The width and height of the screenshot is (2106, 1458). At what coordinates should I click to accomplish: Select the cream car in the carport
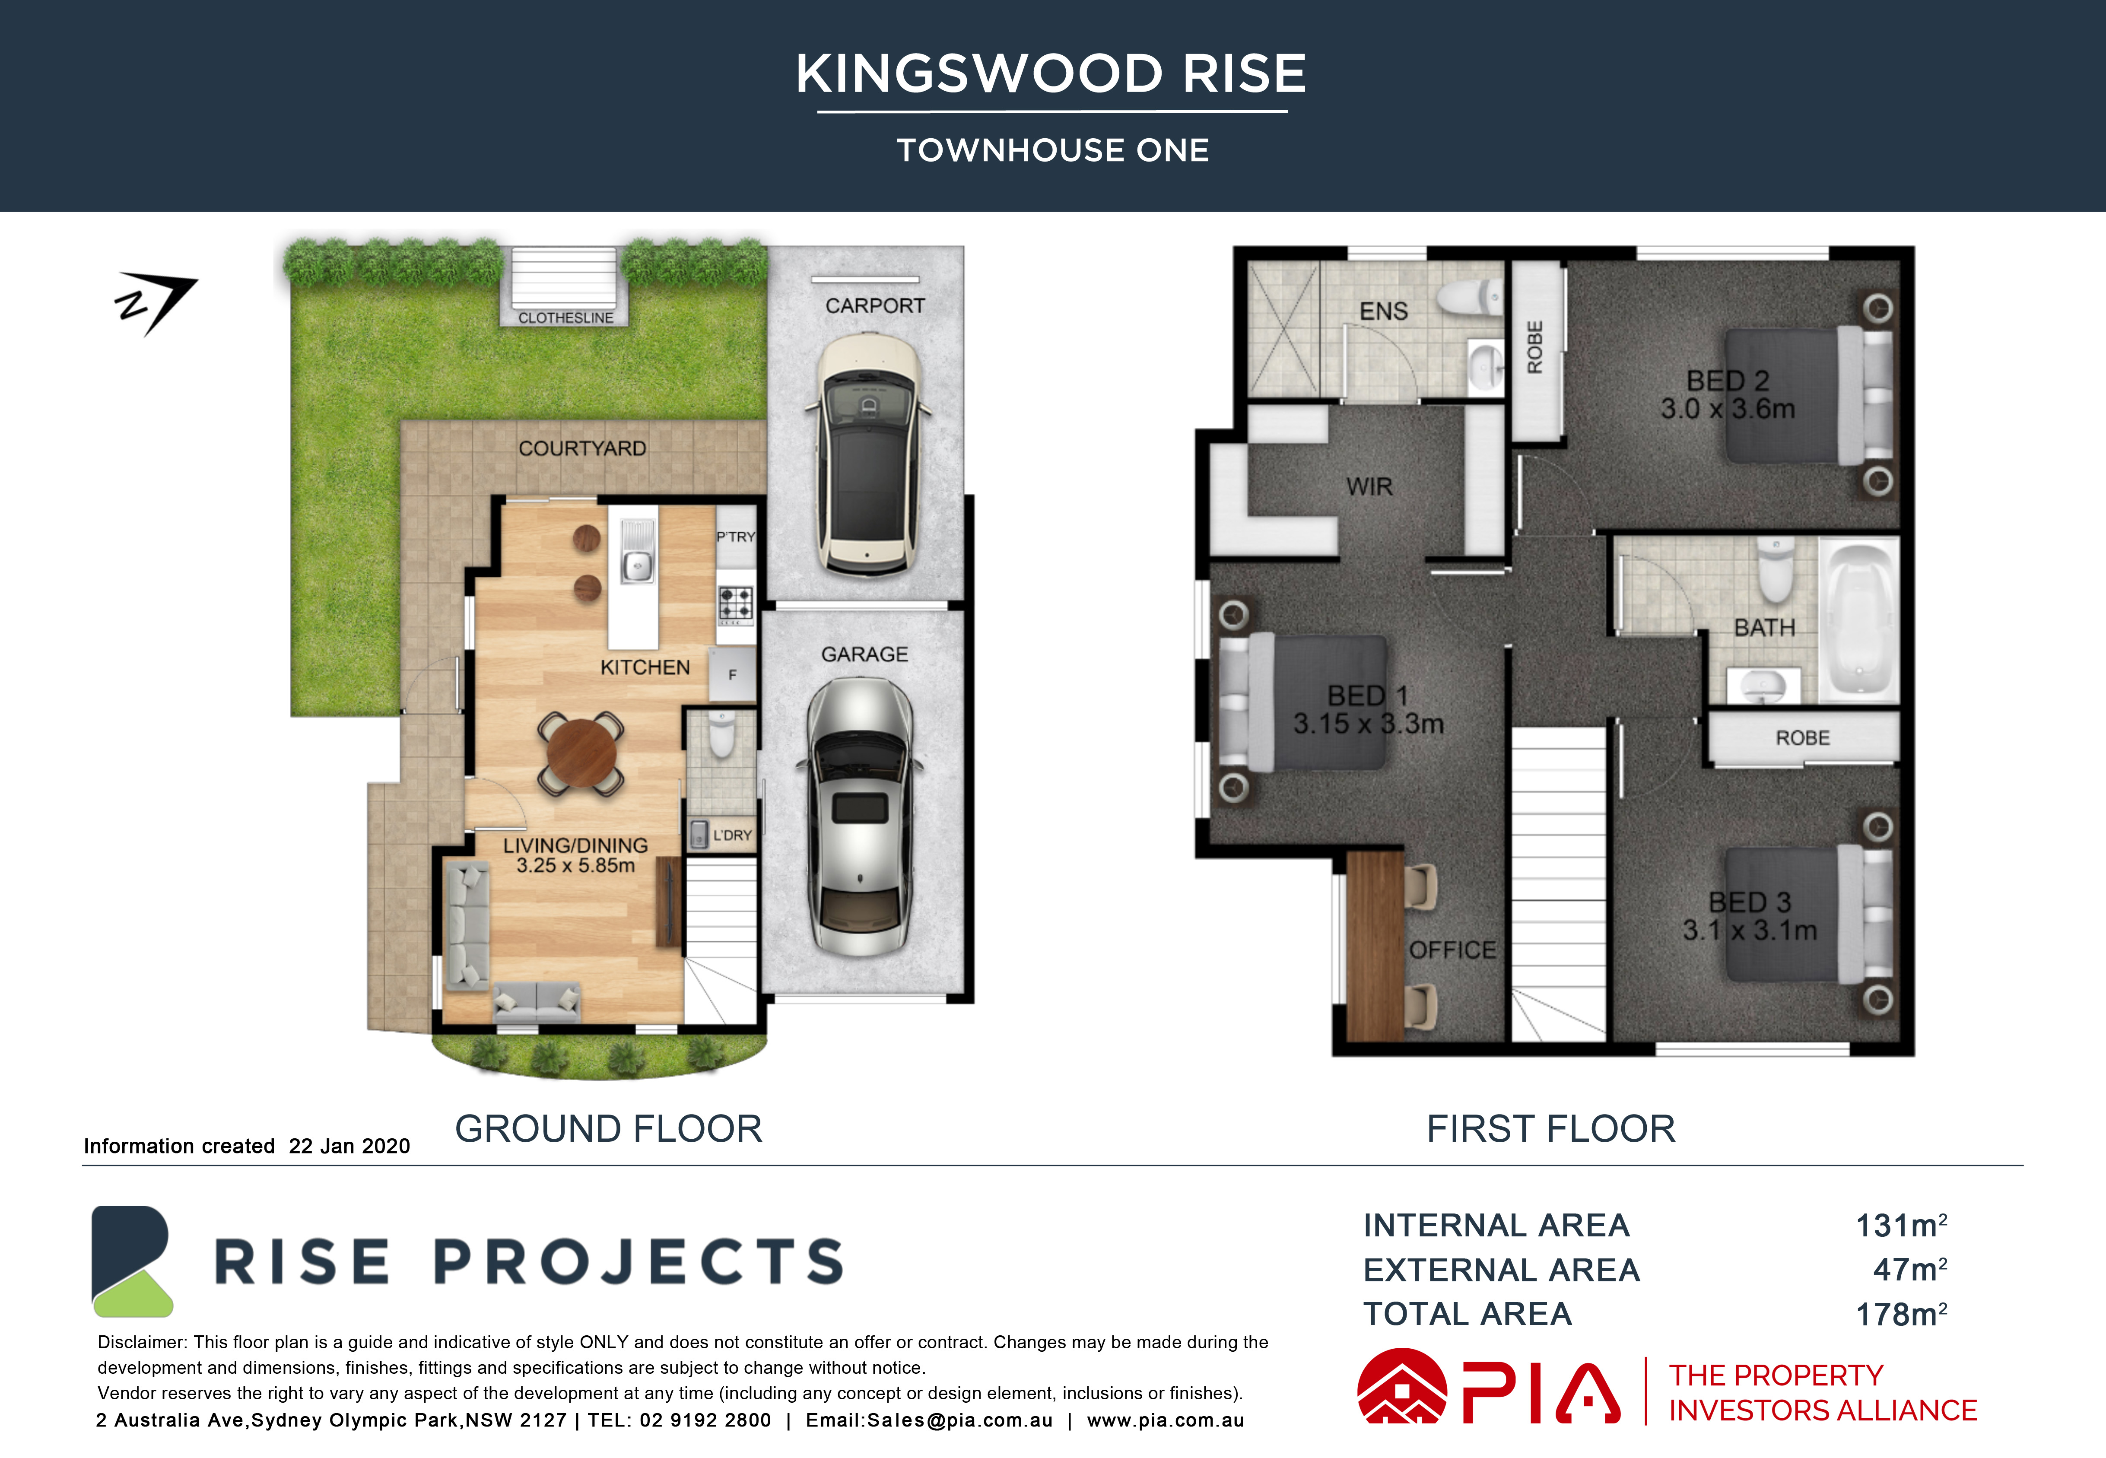coord(867,454)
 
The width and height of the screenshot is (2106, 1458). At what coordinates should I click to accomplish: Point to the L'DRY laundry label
coord(732,835)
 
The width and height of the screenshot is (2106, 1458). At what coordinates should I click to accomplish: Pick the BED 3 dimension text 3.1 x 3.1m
coord(1750,930)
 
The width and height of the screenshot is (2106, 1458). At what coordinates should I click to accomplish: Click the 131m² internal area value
coord(1901,1225)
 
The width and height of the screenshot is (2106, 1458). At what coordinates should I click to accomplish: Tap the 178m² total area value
coord(1901,1314)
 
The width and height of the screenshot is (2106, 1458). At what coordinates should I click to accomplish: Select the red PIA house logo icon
coord(1402,1387)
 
